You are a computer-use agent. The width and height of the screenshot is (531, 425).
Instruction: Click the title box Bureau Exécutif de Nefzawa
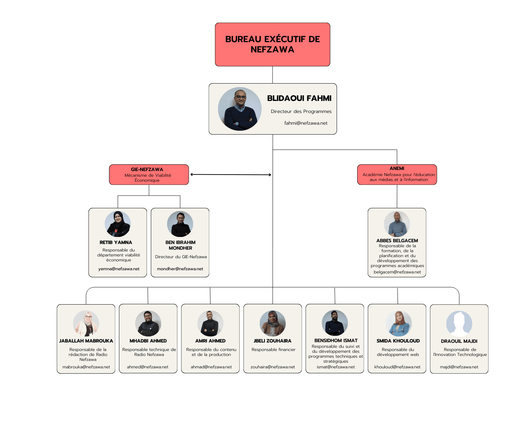click(272, 44)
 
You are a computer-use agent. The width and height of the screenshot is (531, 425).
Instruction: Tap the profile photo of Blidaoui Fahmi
click(240, 109)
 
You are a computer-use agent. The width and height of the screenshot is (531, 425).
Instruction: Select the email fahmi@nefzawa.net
click(306, 123)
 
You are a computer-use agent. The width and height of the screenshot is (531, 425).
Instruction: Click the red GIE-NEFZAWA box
click(149, 175)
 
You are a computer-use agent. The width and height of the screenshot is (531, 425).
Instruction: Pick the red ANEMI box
click(397, 174)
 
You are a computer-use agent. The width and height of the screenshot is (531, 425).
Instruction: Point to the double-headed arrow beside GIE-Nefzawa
click(230, 175)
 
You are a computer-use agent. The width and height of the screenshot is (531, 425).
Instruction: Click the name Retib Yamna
click(116, 243)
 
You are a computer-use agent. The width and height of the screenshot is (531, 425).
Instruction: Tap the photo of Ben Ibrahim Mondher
click(180, 224)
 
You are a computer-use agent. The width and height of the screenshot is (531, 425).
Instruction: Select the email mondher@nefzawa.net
click(180, 269)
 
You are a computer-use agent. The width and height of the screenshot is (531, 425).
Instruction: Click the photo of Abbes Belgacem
click(397, 224)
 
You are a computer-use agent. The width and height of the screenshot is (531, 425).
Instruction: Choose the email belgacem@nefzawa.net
click(397, 272)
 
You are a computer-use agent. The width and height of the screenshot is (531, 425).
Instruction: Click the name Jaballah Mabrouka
click(86, 341)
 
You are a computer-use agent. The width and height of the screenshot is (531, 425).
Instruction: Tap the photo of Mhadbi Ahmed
click(148, 323)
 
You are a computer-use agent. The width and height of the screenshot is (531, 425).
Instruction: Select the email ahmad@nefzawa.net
click(211, 367)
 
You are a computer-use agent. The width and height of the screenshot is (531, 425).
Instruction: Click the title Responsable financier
click(273, 350)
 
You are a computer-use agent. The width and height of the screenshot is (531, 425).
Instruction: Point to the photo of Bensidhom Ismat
click(335, 323)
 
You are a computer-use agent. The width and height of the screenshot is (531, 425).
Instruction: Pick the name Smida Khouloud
click(398, 341)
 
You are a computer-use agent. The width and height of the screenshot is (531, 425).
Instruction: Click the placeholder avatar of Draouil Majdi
click(459, 324)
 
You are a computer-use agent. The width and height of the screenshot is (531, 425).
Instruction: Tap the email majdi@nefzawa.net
click(459, 367)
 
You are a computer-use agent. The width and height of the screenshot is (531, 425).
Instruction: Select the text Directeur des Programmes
click(301, 112)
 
